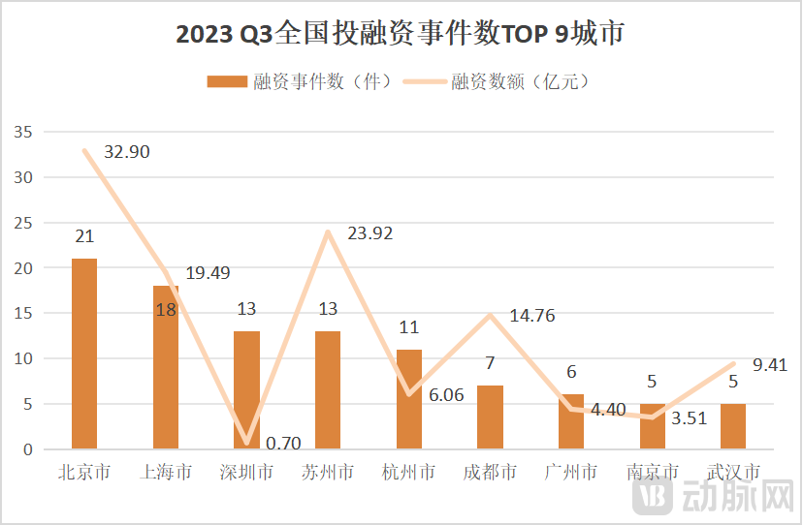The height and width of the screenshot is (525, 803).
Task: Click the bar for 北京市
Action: coord(84,354)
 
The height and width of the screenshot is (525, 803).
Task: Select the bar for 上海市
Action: coord(166,368)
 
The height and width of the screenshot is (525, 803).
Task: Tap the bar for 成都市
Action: coord(490,417)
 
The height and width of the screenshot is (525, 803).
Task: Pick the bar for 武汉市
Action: coord(733,426)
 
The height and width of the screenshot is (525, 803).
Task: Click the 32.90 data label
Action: coord(126,152)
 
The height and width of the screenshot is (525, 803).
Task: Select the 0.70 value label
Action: coord(282,444)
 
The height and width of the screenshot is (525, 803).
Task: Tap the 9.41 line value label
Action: coord(770,365)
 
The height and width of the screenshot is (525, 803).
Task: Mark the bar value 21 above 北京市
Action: coord(84,236)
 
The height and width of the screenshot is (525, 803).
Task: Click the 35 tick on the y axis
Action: coord(24,133)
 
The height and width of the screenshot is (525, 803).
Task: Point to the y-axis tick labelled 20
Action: coord(24,268)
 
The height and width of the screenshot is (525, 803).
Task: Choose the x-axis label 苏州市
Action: coord(328,473)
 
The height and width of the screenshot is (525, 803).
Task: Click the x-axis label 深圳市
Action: coord(247,473)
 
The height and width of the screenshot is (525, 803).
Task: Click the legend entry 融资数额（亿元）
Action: coord(520,82)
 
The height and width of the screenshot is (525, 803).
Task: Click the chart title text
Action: coord(401,35)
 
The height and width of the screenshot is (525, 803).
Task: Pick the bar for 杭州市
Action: coord(409,399)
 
